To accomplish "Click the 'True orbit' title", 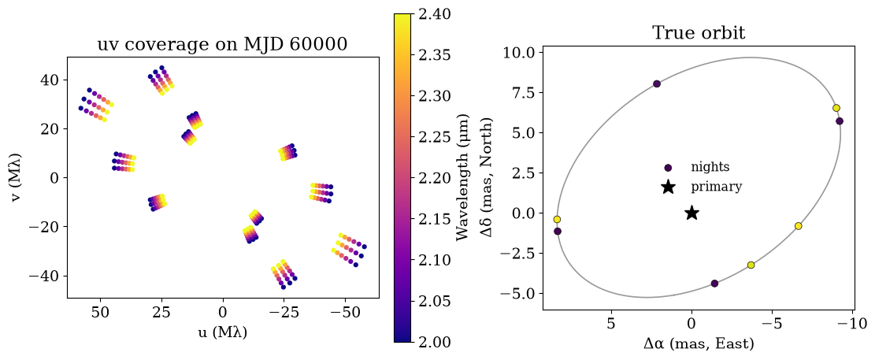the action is pos(700,32).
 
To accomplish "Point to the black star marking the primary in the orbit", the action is pos(691,213).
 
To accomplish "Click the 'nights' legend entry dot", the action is pos(668,168).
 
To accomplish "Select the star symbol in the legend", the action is pos(668,187).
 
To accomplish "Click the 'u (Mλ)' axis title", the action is pos(223,332).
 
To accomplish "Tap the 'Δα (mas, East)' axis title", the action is pos(700,343).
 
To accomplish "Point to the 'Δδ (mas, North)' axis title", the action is pos(493,177).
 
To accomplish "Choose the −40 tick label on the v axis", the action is pos(49,276).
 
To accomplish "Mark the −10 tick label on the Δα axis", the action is pos(852,323).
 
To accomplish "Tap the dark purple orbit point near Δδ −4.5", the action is pos(714,284).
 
